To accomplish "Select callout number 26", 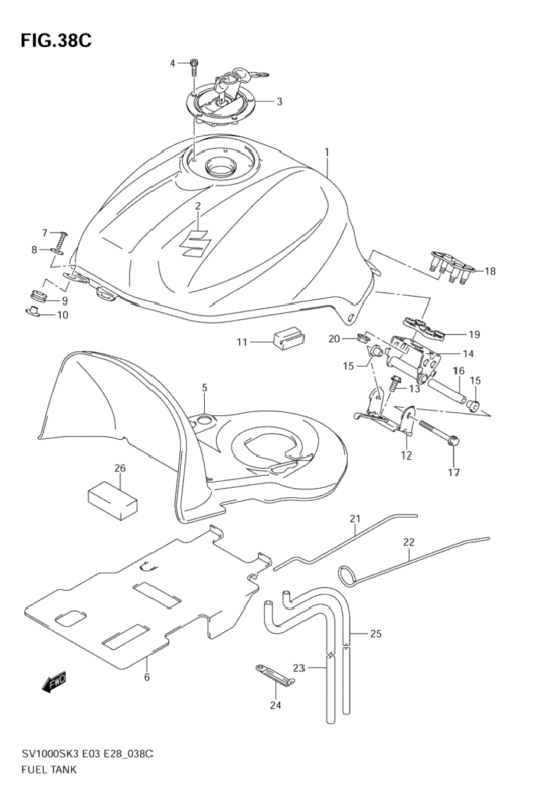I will [x=120, y=469].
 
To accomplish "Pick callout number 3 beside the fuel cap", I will [x=279, y=101].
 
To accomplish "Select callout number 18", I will [x=490, y=271].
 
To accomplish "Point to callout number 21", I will [x=354, y=519].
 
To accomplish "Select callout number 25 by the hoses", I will [x=376, y=634].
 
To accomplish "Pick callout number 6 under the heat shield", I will [x=146, y=677].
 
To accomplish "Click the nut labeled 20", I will [x=363, y=340].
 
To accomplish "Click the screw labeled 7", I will [x=61, y=238].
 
